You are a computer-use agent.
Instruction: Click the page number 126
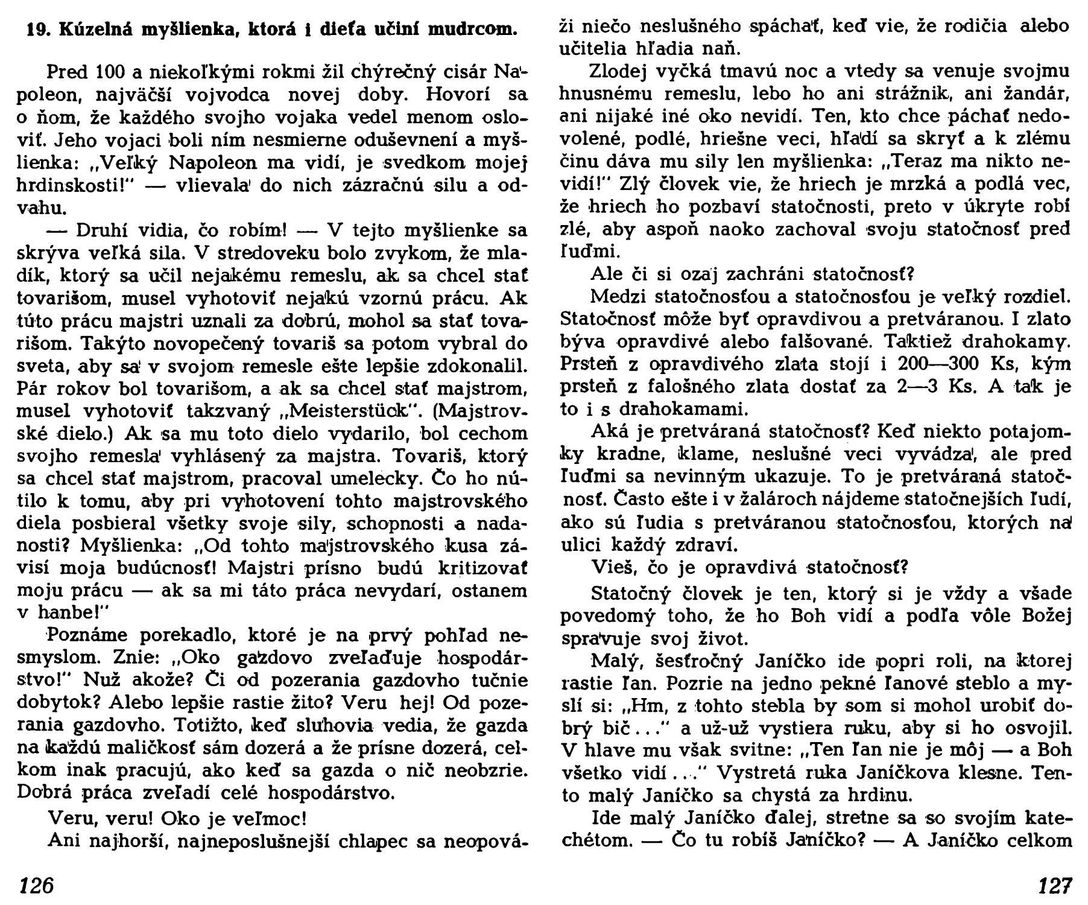[36, 885]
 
